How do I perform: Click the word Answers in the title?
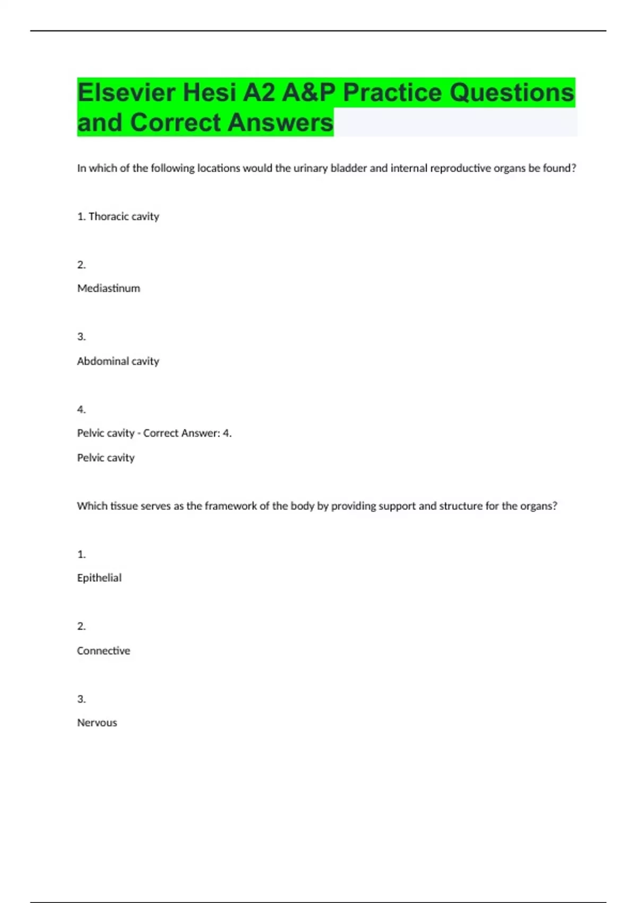coord(281,123)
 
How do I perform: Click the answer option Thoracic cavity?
coord(124,217)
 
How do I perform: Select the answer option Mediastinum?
coord(109,288)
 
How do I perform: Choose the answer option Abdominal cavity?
coord(118,361)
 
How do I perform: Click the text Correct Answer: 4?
coord(187,433)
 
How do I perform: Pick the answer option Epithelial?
coord(99,578)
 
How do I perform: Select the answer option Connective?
coord(104,651)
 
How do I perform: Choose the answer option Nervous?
coord(97,723)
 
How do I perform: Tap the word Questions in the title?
coord(512,93)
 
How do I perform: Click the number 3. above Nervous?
coord(81,699)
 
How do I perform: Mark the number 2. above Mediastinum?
coord(81,265)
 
